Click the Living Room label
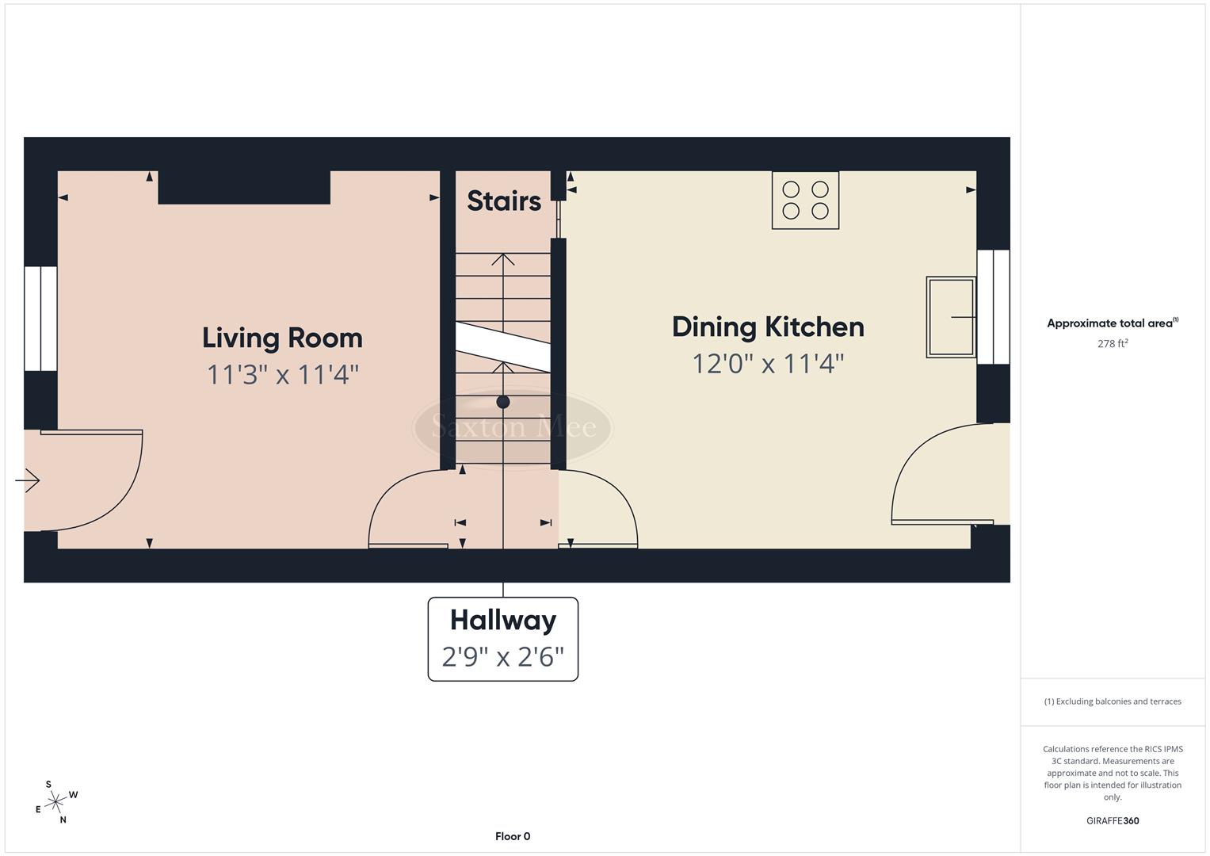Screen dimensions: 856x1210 (282, 338)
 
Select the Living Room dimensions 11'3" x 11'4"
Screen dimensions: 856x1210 (282, 374)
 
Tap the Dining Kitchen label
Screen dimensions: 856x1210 (767, 327)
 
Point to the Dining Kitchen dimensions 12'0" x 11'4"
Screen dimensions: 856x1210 (767, 364)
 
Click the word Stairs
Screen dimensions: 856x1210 (503, 201)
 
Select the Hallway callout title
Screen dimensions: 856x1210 (503, 620)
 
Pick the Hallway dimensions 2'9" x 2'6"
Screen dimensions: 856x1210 (503, 657)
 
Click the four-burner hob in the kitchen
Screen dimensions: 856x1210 (805, 201)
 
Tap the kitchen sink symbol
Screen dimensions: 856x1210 (951, 317)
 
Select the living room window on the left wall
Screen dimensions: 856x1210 (40, 319)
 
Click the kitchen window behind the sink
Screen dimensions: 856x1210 (993, 307)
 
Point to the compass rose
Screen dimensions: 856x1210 (55, 803)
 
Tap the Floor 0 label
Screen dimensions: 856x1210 (513, 836)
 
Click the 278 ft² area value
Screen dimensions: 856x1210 (1113, 344)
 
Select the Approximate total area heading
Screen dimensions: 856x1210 (1112, 323)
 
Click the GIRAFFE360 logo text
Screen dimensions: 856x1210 (1112, 821)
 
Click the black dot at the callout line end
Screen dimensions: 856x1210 (503, 403)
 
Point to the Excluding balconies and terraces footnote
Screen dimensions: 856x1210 (1113, 701)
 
